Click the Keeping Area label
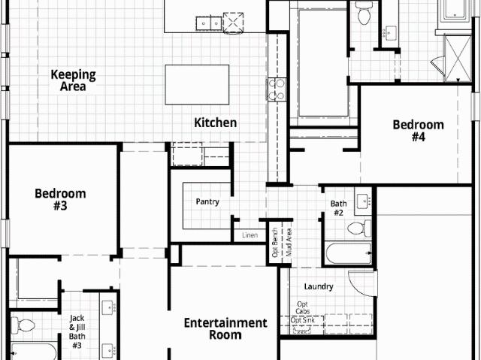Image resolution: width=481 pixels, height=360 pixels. point(74,80)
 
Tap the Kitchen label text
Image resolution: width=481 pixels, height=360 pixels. point(216,123)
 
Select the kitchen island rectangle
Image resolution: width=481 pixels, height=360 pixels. point(197,85)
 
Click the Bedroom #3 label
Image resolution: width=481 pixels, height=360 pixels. point(60,200)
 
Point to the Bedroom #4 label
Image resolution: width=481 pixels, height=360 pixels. point(419,131)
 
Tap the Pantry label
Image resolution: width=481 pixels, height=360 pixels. point(207,201)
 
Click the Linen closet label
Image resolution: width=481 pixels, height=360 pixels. point(250,235)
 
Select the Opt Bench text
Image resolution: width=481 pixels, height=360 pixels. point(275,243)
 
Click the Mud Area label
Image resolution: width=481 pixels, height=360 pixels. point(289,242)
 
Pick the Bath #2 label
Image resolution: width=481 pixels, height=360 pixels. point(339,208)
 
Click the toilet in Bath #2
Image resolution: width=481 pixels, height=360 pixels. point(359,228)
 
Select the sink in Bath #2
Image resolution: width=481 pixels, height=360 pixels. point(364,201)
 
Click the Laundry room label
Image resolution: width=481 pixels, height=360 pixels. point(319,286)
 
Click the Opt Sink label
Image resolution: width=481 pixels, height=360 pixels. point(303,320)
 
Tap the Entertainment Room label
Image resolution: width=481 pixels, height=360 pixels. point(225,328)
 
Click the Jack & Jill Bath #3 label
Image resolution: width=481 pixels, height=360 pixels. point(77,331)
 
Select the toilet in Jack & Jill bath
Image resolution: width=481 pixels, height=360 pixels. point(23,325)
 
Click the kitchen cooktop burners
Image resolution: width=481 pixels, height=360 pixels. point(277,89)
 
